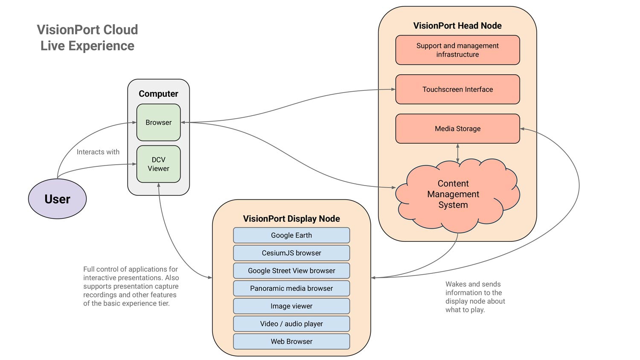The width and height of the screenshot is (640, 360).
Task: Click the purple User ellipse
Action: [57, 199]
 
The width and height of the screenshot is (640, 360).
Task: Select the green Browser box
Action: [158, 122]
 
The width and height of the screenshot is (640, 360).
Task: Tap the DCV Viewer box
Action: [158, 164]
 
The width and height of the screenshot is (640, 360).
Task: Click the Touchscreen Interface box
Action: [457, 90]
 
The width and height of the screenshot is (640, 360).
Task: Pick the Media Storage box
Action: [457, 129]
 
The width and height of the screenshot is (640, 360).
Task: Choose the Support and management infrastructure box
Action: [457, 50]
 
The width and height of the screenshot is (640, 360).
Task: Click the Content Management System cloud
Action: [453, 195]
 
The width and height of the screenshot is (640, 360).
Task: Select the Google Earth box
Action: [291, 235]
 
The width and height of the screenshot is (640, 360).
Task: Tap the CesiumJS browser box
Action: [291, 253]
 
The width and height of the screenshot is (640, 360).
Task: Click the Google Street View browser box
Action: [291, 271]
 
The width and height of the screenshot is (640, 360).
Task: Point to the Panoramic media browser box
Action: [291, 288]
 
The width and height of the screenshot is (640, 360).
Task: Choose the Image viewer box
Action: [291, 306]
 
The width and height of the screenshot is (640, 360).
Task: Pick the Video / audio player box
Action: [291, 324]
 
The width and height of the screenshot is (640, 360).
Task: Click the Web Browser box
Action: [291, 342]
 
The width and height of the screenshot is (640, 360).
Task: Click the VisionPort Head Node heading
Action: [457, 26]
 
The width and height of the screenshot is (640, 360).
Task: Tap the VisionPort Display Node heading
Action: [291, 219]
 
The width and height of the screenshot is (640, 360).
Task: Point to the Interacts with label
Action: [98, 152]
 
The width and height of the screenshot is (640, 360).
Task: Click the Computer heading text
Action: [158, 94]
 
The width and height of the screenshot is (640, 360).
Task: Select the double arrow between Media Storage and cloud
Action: [458, 153]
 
